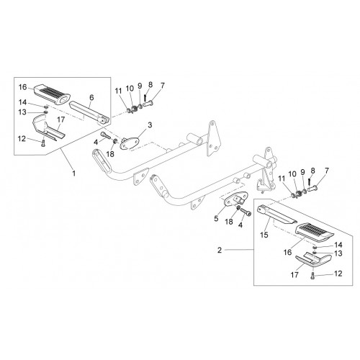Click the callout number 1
(x=74, y=173)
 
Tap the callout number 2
(x=220, y=250)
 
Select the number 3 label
(x=150, y=125)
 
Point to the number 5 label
(x=216, y=219)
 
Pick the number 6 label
(x=91, y=98)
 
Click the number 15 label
(x=264, y=235)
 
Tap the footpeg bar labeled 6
(x=90, y=112)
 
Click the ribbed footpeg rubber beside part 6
(x=51, y=94)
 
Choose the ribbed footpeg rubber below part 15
(x=315, y=232)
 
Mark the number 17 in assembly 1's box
(x=61, y=120)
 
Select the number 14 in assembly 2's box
(x=338, y=245)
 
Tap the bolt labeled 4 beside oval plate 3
(x=106, y=135)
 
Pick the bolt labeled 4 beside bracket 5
(x=246, y=212)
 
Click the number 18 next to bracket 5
(x=229, y=222)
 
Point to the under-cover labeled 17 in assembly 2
(x=313, y=259)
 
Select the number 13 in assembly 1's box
(x=22, y=112)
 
